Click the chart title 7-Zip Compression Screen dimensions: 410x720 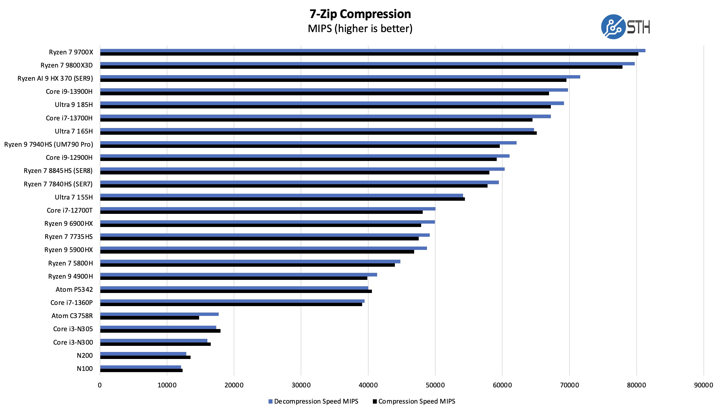(360, 14)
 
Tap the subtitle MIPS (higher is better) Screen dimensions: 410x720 (360, 29)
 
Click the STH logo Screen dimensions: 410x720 (625, 27)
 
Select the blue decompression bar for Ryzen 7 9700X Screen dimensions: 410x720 (373, 50)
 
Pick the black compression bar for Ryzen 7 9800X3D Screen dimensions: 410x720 (361, 67)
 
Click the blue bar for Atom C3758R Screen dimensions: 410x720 (159, 314)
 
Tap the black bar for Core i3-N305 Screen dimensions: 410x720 (160, 331)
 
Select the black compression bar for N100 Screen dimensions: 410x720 (141, 371)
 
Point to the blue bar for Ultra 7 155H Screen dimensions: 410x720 (281, 196)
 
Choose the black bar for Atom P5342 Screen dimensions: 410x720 (236, 291)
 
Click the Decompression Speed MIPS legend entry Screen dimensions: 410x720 (313, 401)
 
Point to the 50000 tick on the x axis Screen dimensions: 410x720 (435, 385)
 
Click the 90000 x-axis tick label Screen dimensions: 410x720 (703, 385)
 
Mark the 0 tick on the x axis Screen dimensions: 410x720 (100, 385)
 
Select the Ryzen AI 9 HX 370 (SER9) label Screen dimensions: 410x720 (55, 79)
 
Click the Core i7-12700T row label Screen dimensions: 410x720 (69, 210)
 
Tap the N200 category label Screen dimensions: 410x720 (85, 356)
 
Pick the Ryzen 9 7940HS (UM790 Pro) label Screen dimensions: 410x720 (49, 145)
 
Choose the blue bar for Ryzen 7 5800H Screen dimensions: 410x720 (250, 262)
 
